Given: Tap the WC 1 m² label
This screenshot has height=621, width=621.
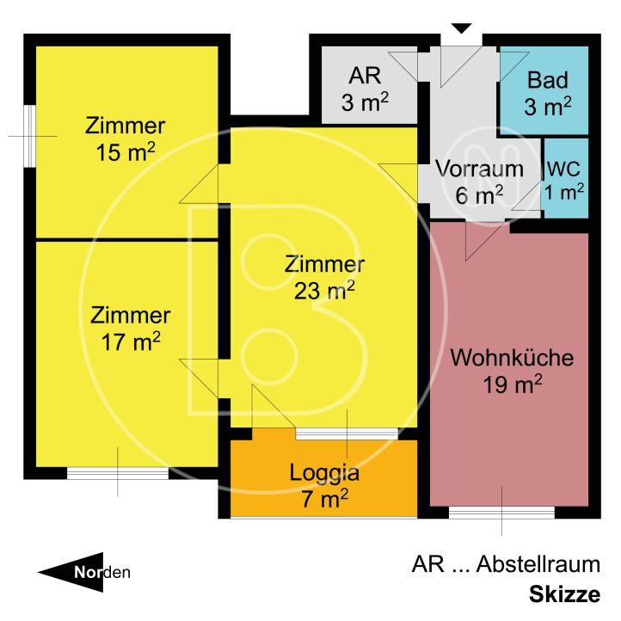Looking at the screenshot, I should pyautogui.click(x=565, y=180).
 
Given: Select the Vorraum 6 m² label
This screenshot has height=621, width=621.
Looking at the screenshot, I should pyautogui.click(x=479, y=181).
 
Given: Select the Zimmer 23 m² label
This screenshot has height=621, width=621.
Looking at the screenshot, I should pyautogui.click(x=325, y=278).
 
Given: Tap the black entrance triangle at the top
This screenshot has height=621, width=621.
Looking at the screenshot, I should pyautogui.click(x=462, y=29).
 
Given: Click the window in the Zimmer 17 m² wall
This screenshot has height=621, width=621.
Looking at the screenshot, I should pyautogui.click(x=118, y=473).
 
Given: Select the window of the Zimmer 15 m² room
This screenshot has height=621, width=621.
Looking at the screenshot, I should pyautogui.click(x=29, y=136).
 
